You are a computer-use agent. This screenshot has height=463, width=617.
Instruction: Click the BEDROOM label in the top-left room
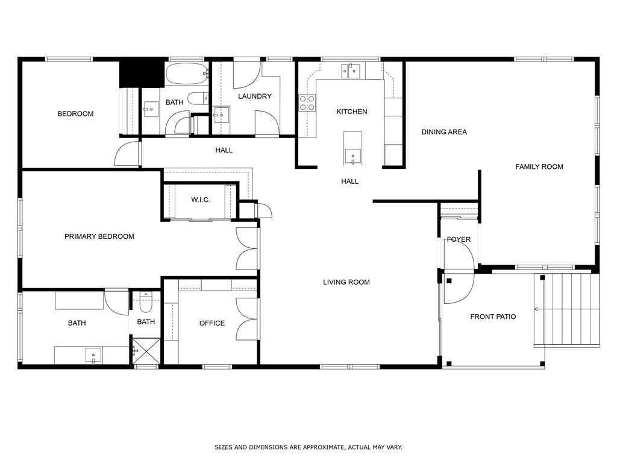[75, 114]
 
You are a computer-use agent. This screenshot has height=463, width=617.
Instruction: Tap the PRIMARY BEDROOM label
[99, 236]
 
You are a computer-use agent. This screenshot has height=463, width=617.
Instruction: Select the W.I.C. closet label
[201, 200]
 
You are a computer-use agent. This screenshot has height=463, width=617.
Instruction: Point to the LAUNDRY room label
[255, 96]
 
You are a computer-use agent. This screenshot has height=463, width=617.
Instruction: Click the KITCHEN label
[352, 112]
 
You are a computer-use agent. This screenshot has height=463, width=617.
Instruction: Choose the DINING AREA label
[444, 132]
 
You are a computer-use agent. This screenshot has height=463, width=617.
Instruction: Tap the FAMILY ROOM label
[539, 166]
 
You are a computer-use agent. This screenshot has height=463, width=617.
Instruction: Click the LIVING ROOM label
[346, 282]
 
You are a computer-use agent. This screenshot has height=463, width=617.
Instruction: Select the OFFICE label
[212, 323]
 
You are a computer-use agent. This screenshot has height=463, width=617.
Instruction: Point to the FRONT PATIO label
[493, 317]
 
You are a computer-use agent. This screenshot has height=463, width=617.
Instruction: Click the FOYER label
[459, 239]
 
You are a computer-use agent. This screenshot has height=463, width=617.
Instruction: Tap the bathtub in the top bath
[187, 73]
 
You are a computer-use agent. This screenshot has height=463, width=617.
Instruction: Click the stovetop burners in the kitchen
[307, 102]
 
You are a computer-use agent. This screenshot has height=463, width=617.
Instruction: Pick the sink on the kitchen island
[352, 156]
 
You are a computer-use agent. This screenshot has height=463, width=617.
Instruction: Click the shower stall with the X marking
[146, 351]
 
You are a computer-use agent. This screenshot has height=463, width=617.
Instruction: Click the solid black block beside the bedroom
[142, 73]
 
